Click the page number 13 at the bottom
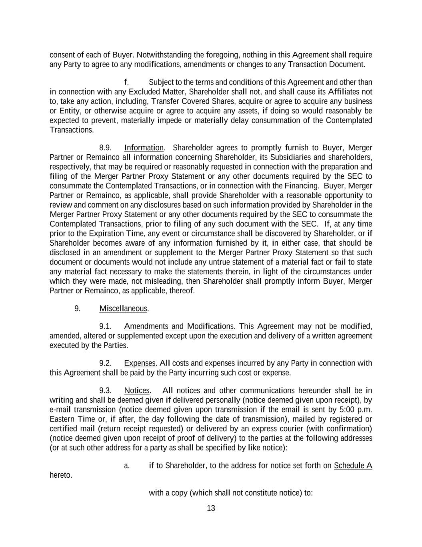211,508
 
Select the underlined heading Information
144,147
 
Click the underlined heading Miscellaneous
123,309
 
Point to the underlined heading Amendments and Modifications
178,326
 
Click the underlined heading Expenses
140,363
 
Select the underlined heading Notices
137,390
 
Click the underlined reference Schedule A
353,465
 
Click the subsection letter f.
126,82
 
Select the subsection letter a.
126,466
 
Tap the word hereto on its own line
61,475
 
